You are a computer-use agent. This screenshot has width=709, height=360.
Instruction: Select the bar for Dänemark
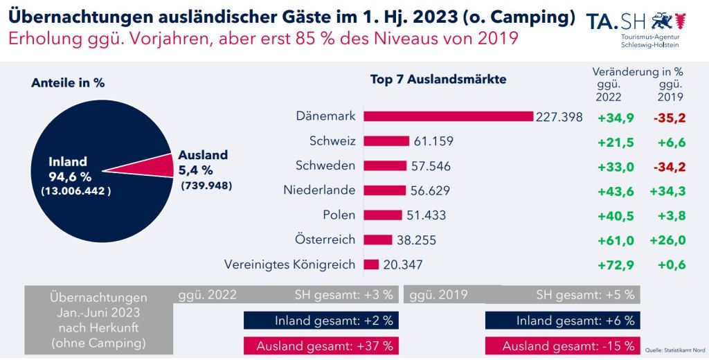click(448, 116)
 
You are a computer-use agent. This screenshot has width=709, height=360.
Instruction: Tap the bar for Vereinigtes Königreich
click(371, 264)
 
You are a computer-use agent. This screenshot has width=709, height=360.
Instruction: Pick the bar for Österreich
click(378, 240)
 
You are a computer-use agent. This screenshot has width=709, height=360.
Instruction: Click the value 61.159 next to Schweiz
click(433, 141)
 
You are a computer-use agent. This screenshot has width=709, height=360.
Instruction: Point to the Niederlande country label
click(319, 190)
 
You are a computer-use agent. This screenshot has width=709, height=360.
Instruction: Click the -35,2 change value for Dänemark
click(668, 117)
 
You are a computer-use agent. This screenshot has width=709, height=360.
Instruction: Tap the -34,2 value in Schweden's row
click(668, 166)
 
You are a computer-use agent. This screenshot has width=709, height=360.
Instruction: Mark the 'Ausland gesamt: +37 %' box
click(319, 345)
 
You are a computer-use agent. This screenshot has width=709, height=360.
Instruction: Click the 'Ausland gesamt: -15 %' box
click(562, 345)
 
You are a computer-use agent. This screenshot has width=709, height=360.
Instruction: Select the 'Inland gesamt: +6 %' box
click(562, 321)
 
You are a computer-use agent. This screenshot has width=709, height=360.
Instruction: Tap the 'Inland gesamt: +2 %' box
click(319, 321)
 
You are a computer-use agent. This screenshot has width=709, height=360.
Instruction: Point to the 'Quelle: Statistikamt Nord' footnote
click(676, 350)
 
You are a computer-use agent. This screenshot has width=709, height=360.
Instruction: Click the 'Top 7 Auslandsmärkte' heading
click(438, 79)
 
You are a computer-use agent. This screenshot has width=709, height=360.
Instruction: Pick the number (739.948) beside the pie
click(206, 186)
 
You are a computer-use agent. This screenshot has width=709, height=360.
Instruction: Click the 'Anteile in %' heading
click(68, 82)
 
